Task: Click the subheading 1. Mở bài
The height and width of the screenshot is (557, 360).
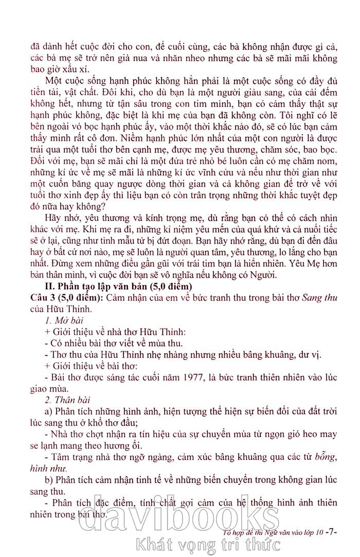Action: click(x=60, y=321)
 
